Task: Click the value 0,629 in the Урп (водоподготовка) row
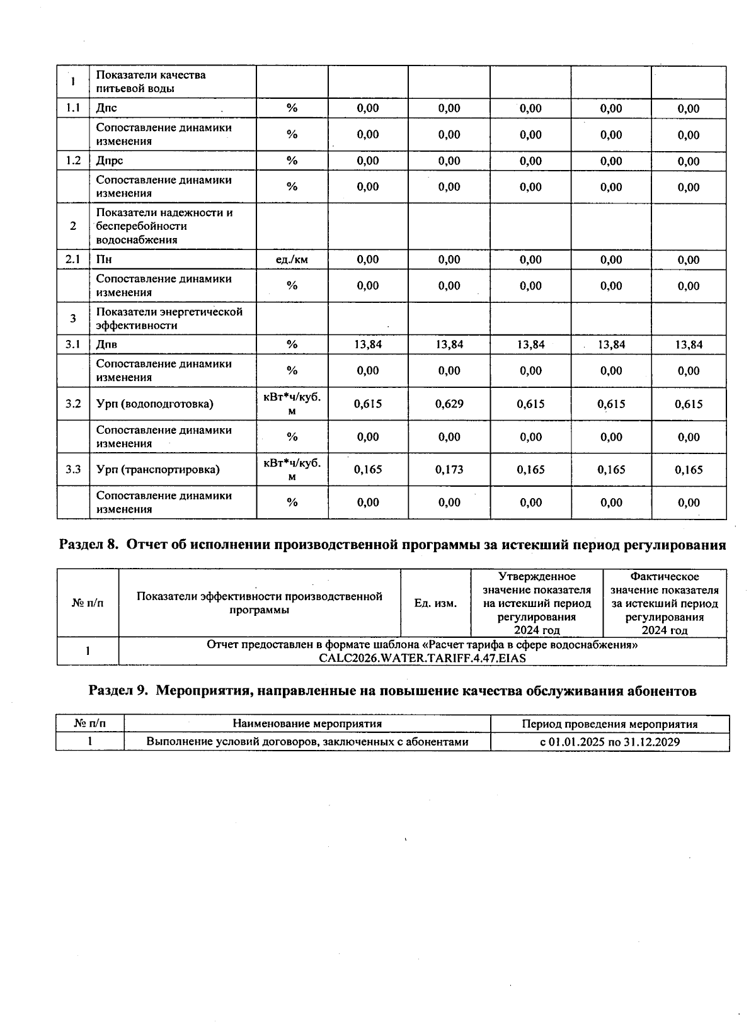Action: pyautogui.click(x=449, y=404)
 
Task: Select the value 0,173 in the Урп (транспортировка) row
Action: pyautogui.click(x=449, y=469)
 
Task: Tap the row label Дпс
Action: pyautogui.click(x=106, y=108)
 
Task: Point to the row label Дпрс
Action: pyautogui.click(x=109, y=161)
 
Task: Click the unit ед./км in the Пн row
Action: pyautogui.click(x=292, y=259)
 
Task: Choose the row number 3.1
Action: pyautogui.click(x=73, y=344)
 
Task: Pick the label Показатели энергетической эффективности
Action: pyautogui.click(x=169, y=319)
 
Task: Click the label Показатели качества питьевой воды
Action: pyautogui.click(x=151, y=81)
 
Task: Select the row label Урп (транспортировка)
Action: pyautogui.click(x=157, y=469)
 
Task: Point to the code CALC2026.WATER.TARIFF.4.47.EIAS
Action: pyautogui.click(x=422, y=658)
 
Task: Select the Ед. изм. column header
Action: pyautogui.click(x=435, y=603)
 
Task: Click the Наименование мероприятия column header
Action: pyautogui.click(x=307, y=724)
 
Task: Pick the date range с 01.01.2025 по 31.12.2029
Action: pyautogui.click(x=610, y=742)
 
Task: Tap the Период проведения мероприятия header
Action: pyautogui.click(x=610, y=724)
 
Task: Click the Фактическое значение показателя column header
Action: pyautogui.click(x=664, y=603)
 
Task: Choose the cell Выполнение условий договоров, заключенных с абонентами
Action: pyautogui.click(x=307, y=742)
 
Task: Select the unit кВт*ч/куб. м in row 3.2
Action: pyautogui.click(x=292, y=404)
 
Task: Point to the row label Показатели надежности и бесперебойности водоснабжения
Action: pyautogui.click(x=164, y=226)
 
